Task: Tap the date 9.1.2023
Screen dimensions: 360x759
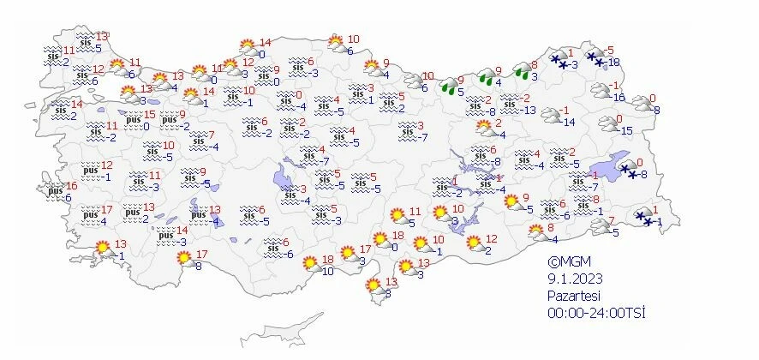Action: tap(572, 279)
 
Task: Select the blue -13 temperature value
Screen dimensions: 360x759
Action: tap(529, 110)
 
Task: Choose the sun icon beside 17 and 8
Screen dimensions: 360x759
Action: tap(183, 258)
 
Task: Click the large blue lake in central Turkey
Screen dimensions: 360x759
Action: tap(282, 179)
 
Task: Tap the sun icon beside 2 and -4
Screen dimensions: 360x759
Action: tap(485, 128)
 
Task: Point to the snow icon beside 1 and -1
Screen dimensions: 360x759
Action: tap(642, 218)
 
